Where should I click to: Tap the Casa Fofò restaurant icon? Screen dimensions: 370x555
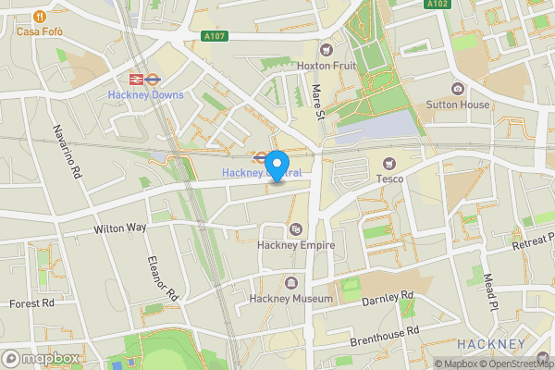pos(39,16)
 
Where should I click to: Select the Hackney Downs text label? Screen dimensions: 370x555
pos(145,95)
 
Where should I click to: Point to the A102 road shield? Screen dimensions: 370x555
pos(438,5)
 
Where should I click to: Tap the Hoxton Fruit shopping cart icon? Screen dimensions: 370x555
pos(326,49)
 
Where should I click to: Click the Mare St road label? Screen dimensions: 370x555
pos(316,100)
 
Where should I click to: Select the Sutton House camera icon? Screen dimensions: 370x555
pos(458,89)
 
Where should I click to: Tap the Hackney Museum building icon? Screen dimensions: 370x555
pos(292,283)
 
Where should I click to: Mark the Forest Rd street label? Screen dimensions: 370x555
pos(31,302)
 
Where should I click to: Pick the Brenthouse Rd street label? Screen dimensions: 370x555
pos(385,335)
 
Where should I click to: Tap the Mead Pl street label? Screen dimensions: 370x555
pos(491,291)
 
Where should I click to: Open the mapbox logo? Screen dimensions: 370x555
pos(41,358)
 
